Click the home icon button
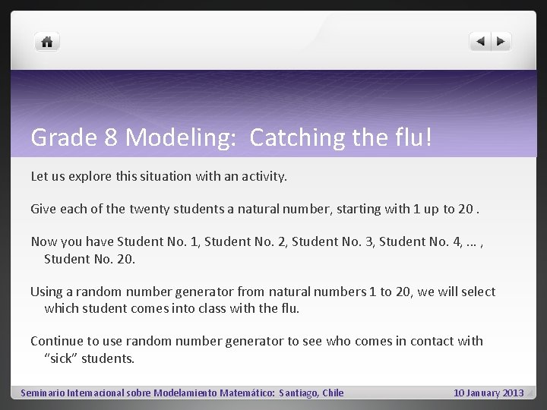click(x=47, y=42)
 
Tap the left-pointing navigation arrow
click(x=481, y=42)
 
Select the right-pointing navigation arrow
click(x=501, y=42)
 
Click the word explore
click(x=92, y=176)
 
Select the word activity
click(x=261, y=176)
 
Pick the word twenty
click(x=151, y=208)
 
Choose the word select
click(x=477, y=292)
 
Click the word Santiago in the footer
click(x=299, y=393)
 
